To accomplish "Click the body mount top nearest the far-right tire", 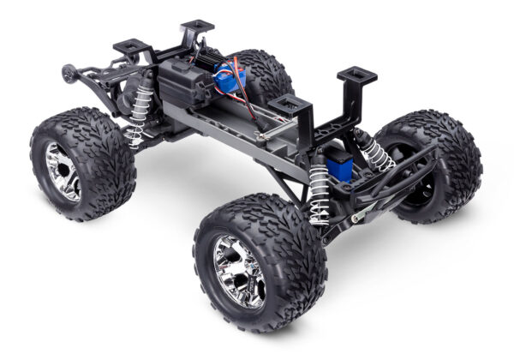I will click(x=357, y=76).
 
